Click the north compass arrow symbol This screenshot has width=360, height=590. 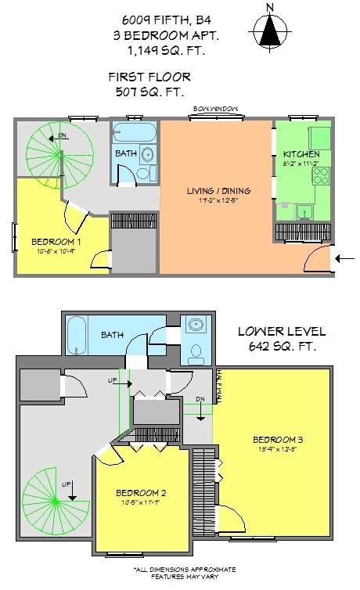pyautogui.click(x=271, y=31)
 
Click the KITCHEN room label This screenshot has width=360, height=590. pyautogui.click(x=301, y=154)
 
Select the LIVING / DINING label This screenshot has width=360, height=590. pyautogui.click(x=217, y=192)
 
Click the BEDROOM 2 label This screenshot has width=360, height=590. pyautogui.click(x=141, y=493)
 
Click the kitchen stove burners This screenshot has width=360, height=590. pyautogui.click(x=321, y=176)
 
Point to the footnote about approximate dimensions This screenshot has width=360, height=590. pyautogui.click(x=184, y=574)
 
